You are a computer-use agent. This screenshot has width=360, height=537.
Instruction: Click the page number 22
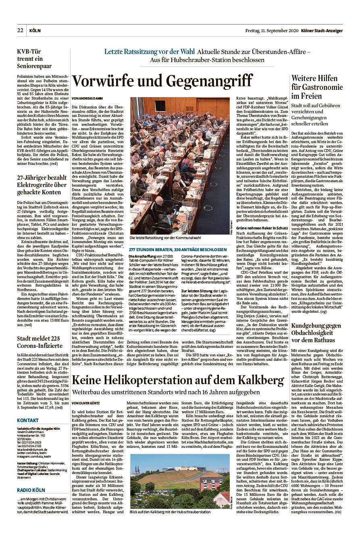pos(20,30)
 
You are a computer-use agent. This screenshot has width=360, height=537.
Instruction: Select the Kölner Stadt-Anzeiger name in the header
pos(323,31)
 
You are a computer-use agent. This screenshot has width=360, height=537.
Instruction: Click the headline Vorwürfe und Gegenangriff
pos(162,81)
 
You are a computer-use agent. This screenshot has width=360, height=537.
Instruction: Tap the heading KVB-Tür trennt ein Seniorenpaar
pos(34,58)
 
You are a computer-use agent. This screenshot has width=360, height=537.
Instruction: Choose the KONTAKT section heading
pos(28,420)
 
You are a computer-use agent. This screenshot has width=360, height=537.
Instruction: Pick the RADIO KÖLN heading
pos(31,490)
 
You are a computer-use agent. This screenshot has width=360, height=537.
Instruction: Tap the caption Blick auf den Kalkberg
pos(170,512)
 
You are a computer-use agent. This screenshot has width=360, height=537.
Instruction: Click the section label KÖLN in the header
pos(35,31)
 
